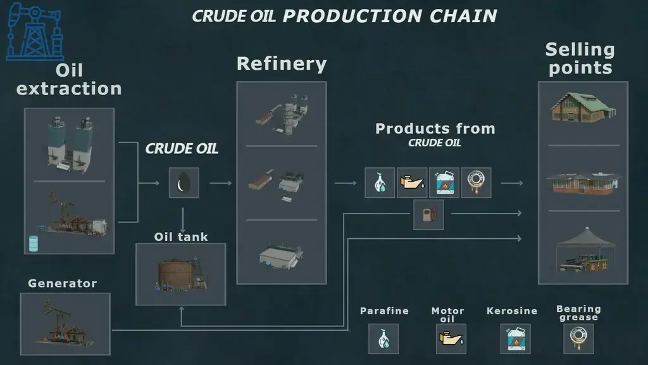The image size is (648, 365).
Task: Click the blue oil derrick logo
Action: pyautogui.click(x=35, y=32)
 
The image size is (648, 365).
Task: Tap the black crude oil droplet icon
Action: pyautogui.click(x=184, y=182)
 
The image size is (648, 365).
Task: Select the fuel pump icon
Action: pyautogui.click(x=428, y=215)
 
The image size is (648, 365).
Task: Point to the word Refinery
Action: pyautogui.click(x=282, y=64)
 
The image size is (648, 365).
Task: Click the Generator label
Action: pyautogui.click(x=63, y=283)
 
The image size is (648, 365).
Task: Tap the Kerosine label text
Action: pyautogui.click(x=511, y=311)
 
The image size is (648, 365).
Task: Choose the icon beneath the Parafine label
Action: pyautogui.click(x=383, y=339)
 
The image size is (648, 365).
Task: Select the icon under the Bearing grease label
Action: pyautogui.click(x=578, y=338)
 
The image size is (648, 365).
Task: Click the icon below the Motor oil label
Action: pyautogui.click(x=451, y=339)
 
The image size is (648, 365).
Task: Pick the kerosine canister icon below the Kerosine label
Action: pyautogui.click(x=515, y=339)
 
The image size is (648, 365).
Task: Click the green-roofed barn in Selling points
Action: pyautogui.click(x=583, y=108)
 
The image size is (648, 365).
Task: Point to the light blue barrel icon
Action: pyautogui.click(x=34, y=244)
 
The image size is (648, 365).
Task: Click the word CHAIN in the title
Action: pyautogui.click(x=463, y=16)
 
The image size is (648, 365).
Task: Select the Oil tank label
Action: pyautogui.click(x=181, y=237)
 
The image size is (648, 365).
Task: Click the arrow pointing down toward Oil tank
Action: pyautogui.click(x=182, y=220)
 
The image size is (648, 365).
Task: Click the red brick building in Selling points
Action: pyautogui.click(x=583, y=183)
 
